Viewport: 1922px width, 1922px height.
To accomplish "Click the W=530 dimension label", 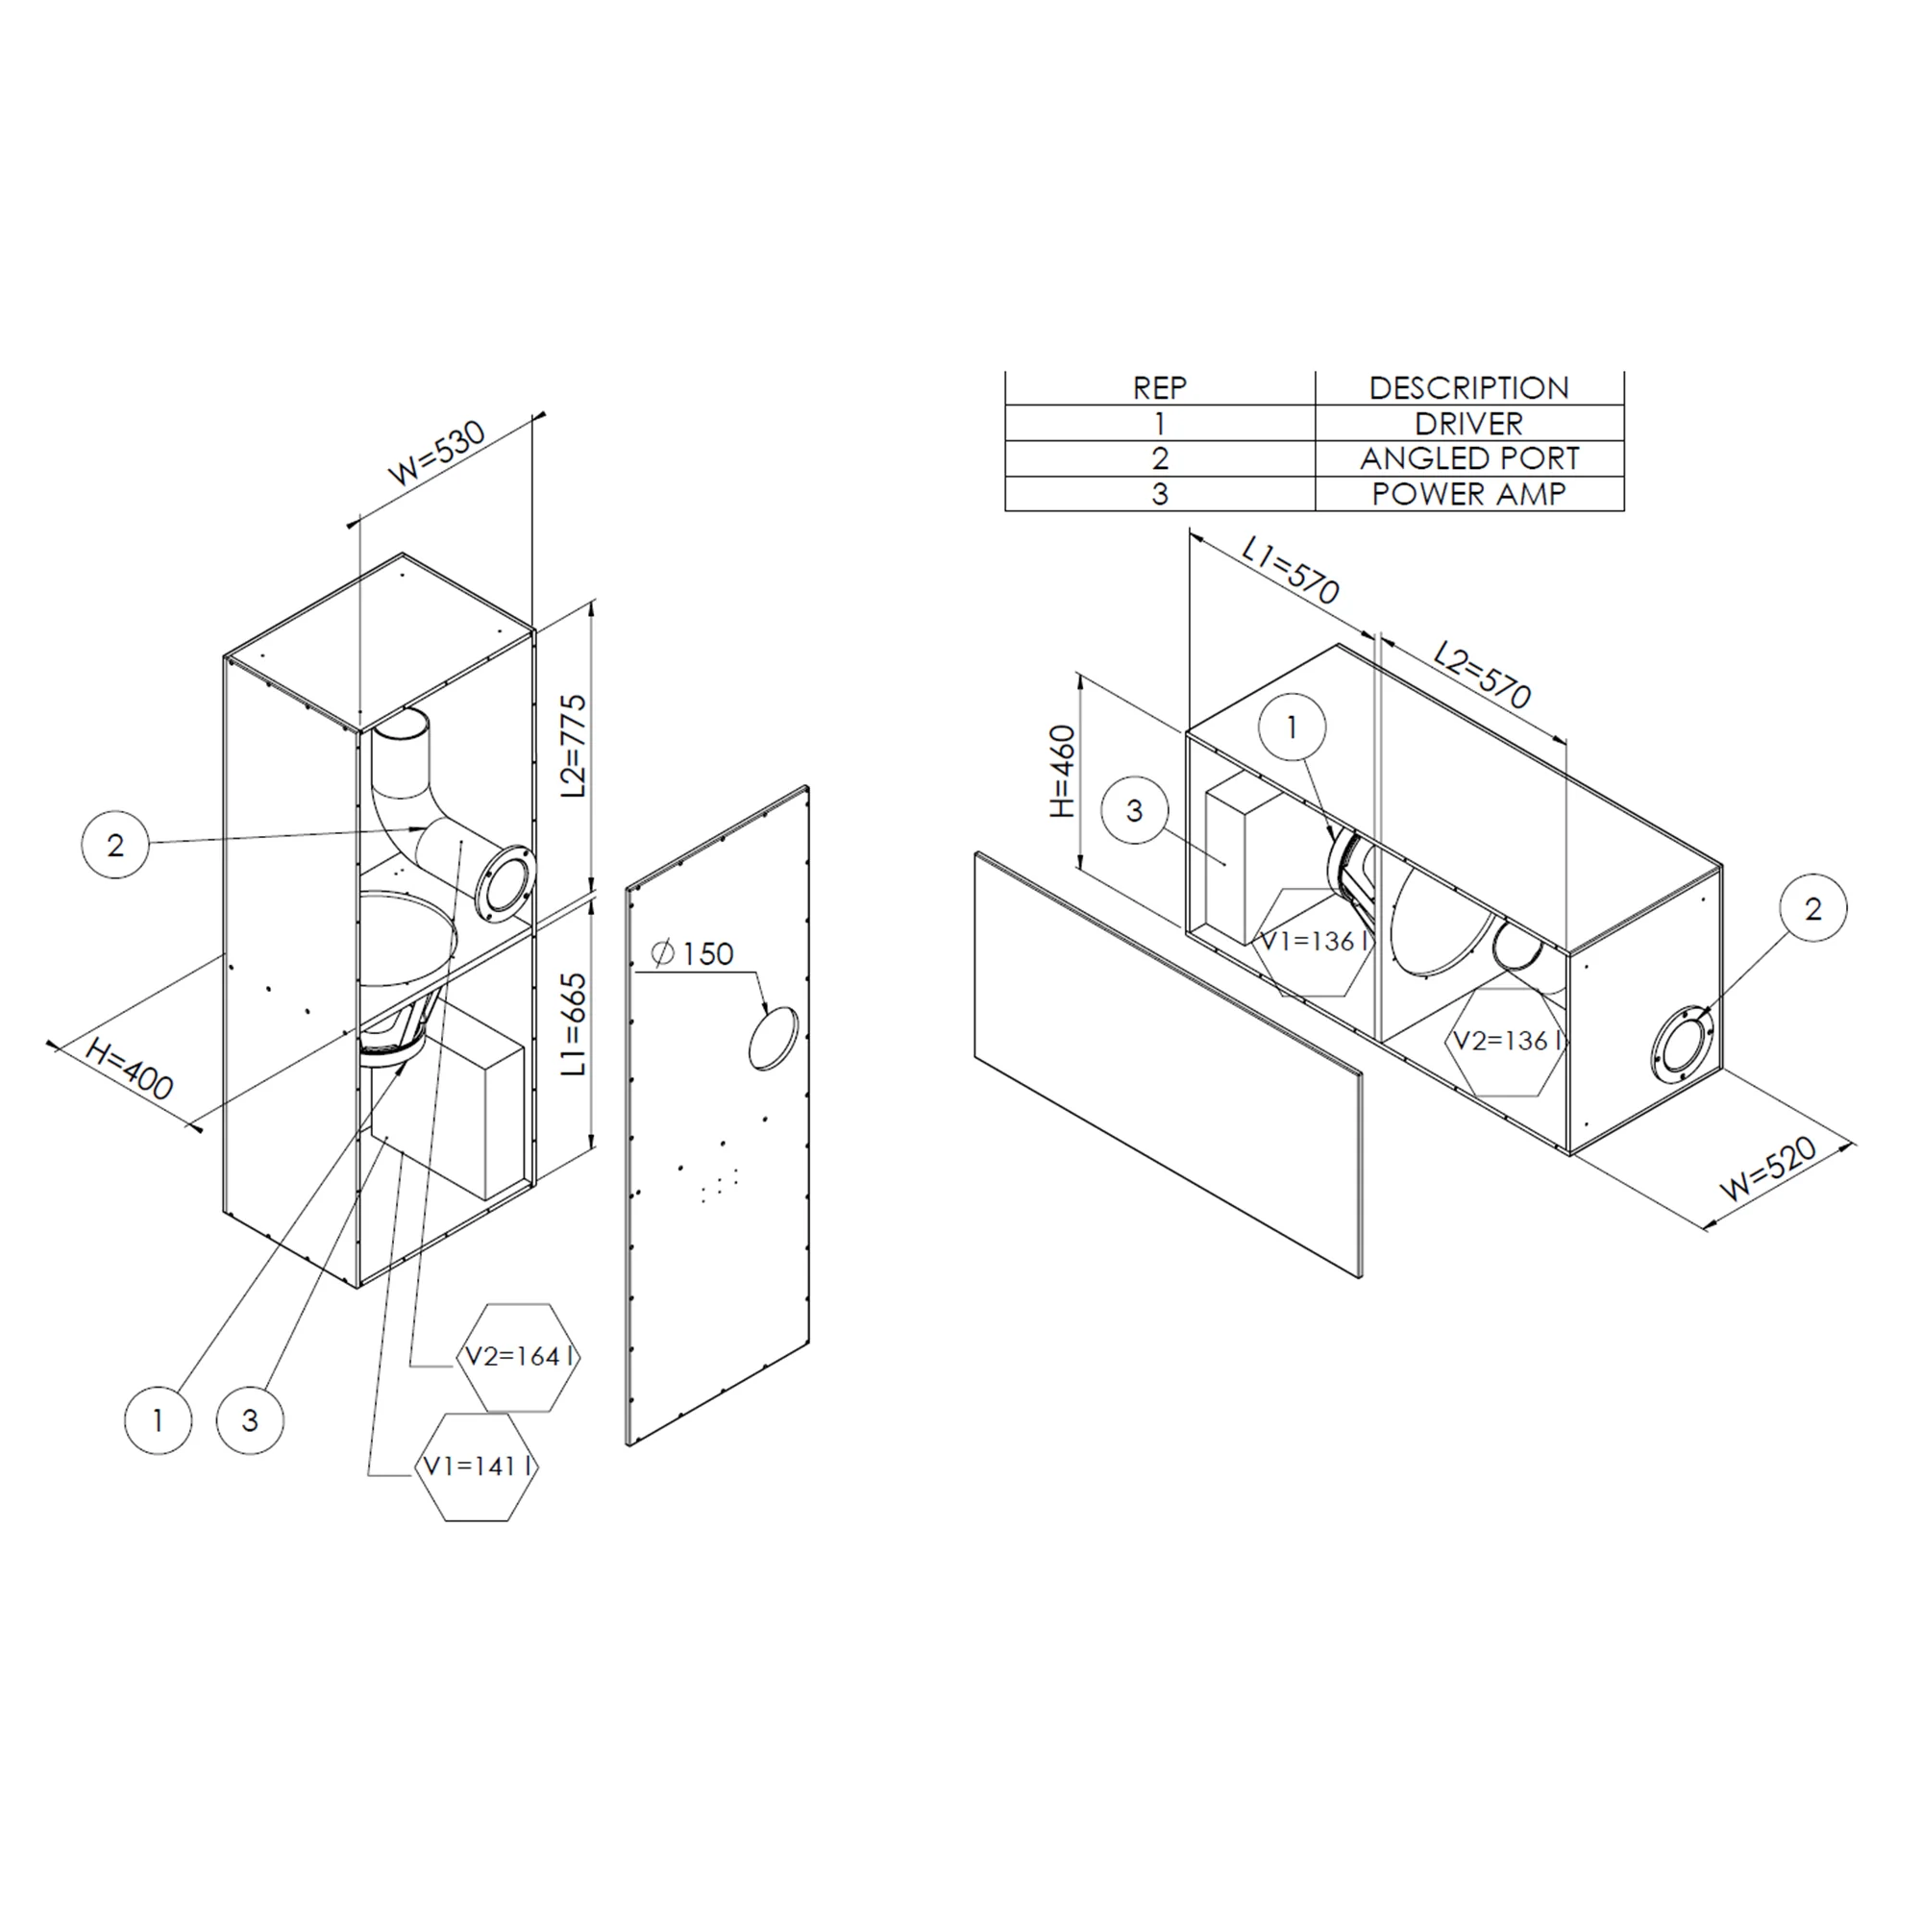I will coord(436,453).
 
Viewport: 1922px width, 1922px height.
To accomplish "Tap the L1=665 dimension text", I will coord(574,1023).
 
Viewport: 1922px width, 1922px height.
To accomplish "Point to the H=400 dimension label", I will coord(131,1069).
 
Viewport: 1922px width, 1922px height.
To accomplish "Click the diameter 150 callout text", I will coord(694,954).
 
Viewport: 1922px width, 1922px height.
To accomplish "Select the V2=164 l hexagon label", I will coord(518,1356).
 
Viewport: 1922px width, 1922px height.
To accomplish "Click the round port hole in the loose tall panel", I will coord(773,1039).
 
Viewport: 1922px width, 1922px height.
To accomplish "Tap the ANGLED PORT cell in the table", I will coord(1468,458).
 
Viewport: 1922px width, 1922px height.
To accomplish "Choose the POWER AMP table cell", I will coord(1468,494).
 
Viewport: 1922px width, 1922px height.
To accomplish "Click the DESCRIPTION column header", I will coord(1468,388).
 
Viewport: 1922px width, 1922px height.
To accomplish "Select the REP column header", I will coord(1159,388).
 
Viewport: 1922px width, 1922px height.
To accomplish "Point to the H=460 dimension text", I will coord(1064,772).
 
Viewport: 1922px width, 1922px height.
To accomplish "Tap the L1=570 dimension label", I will coord(1292,570).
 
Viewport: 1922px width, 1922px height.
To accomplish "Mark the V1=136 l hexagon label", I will coord(1313,941).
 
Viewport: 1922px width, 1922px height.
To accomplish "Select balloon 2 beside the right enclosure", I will coord(1812,908).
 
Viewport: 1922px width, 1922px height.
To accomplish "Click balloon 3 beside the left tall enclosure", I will coord(250,1420).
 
